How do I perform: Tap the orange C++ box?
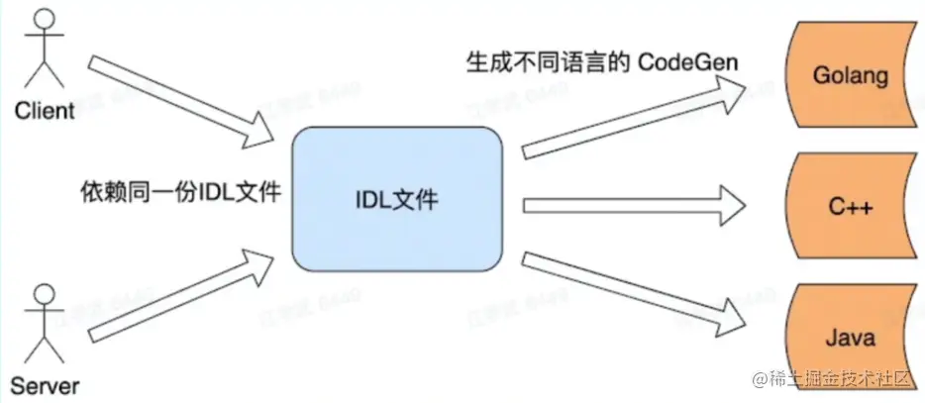pos(849,205)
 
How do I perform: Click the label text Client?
pos(44,110)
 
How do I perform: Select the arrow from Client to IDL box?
pos(183,100)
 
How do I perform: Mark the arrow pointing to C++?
pos(634,205)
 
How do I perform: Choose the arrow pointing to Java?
pos(634,293)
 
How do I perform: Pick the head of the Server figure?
pos(43,295)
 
